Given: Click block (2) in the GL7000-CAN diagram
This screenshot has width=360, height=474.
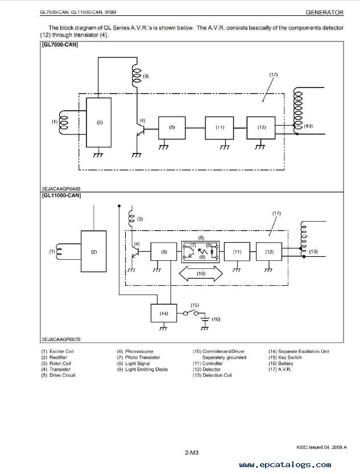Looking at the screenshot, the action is pos(98,122).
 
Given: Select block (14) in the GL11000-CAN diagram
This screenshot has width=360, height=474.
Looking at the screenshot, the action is pos(164,313).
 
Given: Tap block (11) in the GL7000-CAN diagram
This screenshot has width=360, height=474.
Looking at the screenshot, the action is pos(220,128).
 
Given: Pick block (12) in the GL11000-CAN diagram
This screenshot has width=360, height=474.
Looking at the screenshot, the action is pos(269,252).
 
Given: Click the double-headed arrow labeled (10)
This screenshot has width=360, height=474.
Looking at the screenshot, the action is pos(201,273).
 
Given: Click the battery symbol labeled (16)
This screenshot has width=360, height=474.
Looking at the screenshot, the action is pos(205,319).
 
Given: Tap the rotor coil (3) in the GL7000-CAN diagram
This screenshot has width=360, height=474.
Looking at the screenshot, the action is pos(136,76).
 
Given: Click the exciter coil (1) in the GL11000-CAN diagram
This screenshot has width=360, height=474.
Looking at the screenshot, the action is pos(59,252).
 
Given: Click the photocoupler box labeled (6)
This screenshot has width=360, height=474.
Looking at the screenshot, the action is pos(200,251).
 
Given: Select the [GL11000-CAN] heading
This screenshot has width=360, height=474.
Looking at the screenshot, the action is pos(61,196).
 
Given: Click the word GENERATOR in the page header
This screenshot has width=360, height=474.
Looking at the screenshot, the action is pos(324,13).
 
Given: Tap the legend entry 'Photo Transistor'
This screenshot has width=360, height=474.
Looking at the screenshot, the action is pos(143,357).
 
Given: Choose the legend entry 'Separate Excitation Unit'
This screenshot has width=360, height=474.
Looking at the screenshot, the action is pos(304,351).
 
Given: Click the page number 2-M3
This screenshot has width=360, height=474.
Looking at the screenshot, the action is pos(192,452).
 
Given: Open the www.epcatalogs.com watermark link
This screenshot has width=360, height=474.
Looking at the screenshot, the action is pos(285,465).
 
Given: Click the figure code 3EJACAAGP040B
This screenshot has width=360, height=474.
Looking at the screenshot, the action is pos(61,189).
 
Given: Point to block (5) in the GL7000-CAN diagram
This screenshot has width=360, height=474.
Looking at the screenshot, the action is pos(172,128).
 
